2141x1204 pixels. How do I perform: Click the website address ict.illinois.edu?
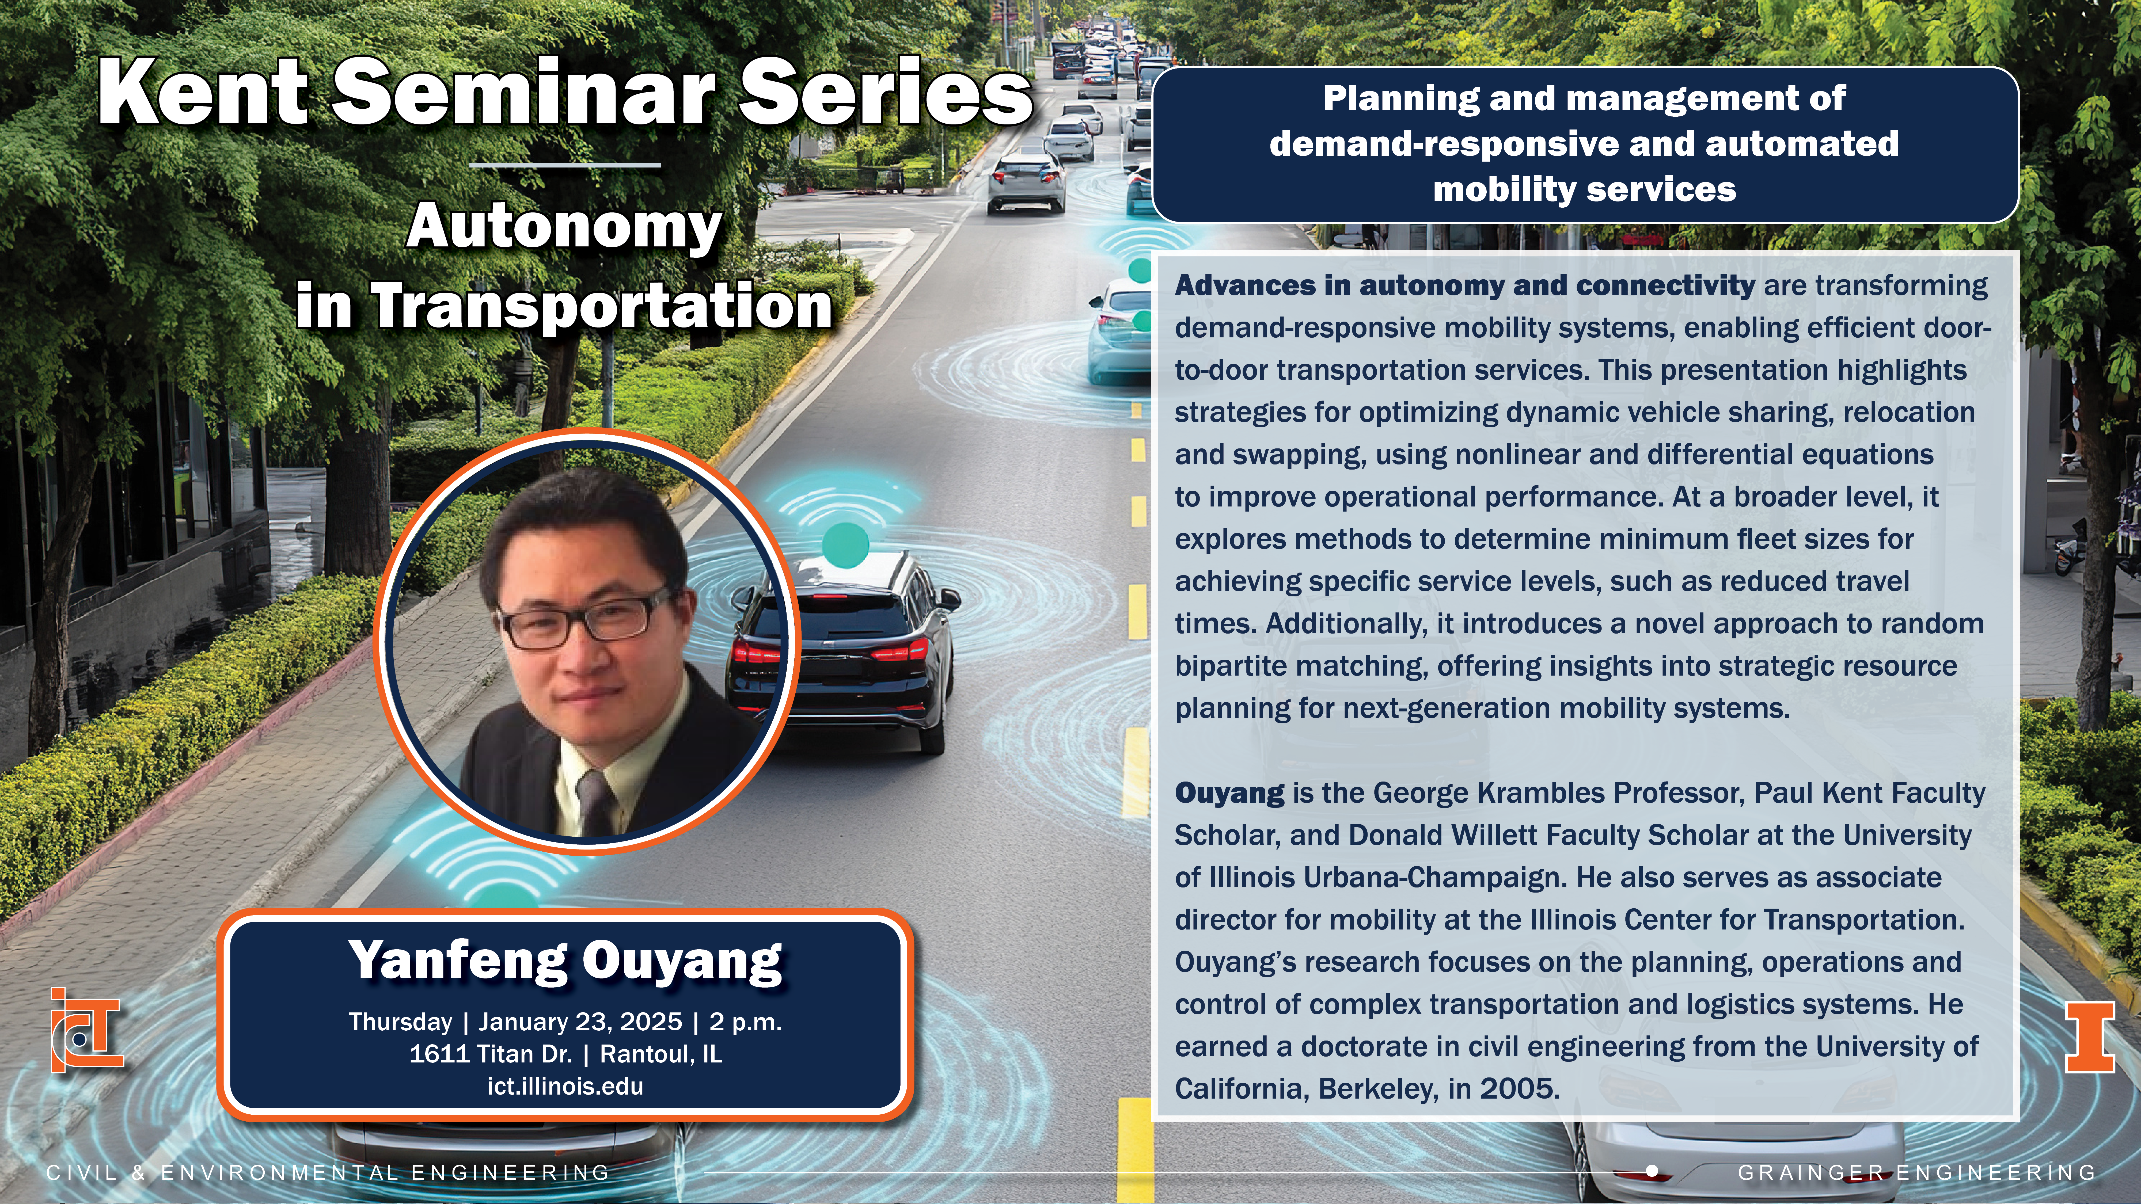pyautogui.click(x=565, y=1086)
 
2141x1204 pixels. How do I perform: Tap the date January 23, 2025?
pyautogui.click(x=580, y=1022)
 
